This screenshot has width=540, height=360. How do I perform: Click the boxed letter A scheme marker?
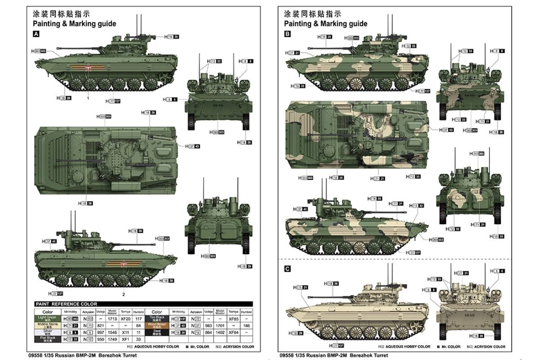pyautogui.click(x=36, y=34)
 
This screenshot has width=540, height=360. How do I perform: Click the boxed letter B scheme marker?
pyautogui.click(x=287, y=34)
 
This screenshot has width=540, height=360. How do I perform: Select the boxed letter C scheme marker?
pyautogui.click(x=287, y=269)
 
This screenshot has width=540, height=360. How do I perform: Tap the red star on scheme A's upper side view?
pyautogui.click(x=89, y=68)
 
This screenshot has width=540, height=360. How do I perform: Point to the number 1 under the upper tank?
pyautogui.click(x=88, y=98)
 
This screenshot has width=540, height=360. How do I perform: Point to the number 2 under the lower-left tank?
pyautogui.click(x=123, y=294)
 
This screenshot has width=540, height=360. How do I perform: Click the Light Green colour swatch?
pyautogui.click(x=47, y=319)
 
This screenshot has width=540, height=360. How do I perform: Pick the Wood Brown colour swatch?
pyautogui.click(x=157, y=325)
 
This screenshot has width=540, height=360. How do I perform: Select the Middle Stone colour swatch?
pyautogui.click(x=47, y=325)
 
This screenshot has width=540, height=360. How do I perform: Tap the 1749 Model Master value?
pyautogui.click(x=113, y=338)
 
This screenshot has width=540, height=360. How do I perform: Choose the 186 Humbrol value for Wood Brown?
pyautogui.click(x=246, y=325)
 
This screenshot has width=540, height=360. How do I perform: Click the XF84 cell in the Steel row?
pyautogui.click(x=233, y=332)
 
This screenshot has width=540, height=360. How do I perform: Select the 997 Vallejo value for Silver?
pyautogui.click(x=101, y=332)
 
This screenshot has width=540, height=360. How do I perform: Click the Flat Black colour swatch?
pyautogui.click(x=47, y=338)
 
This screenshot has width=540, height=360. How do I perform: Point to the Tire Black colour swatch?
pyautogui.click(x=157, y=319)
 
